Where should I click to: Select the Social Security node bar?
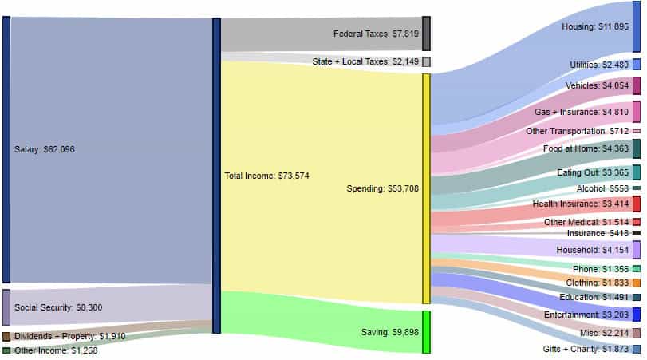point(6,307)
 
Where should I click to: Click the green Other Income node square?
point(6,350)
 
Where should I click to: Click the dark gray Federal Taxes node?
point(426,34)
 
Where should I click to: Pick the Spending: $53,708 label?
point(383,189)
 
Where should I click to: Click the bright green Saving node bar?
point(426,331)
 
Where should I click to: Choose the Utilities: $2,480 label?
point(599,65)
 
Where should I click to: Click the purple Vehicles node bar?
point(636,86)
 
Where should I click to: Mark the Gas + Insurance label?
point(582,112)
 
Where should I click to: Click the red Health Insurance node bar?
point(636,204)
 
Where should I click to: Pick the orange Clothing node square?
point(636,283)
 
